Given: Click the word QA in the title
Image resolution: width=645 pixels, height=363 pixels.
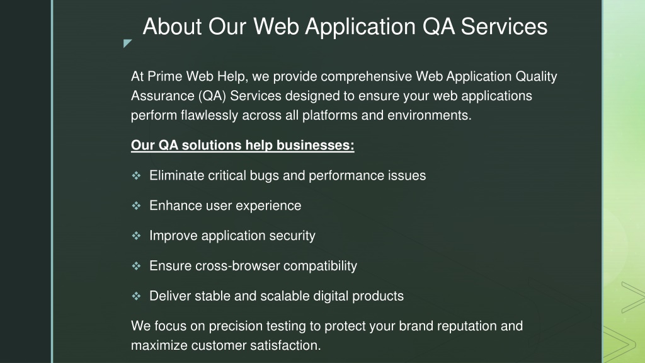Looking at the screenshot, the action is pyautogui.click(x=438, y=26).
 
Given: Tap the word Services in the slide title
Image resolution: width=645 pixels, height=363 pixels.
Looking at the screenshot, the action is pyautogui.click(x=504, y=26).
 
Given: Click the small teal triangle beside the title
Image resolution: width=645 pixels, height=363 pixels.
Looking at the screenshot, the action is pyautogui.click(x=127, y=43).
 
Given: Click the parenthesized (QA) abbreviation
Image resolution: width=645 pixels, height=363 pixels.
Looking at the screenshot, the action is pyautogui.click(x=212, y=96).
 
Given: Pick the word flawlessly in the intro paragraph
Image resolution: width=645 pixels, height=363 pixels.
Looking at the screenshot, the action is pyautogui.click(x=209, y=115).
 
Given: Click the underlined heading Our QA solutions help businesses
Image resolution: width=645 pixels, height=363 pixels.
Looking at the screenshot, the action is pyautogui.click(x=243, y=146).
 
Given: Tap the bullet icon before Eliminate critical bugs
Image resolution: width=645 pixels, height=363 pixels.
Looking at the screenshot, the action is pyautogui.click(x=136, y=176).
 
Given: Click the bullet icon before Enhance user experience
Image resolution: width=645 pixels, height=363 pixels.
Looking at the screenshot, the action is pyautogui.click(x=136, y=206).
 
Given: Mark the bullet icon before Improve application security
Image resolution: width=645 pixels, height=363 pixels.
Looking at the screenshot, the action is pyautogui.click(x=136, y=236).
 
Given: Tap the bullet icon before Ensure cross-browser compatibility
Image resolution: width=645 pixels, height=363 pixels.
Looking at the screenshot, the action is pyautogui.click(x=136, y=266).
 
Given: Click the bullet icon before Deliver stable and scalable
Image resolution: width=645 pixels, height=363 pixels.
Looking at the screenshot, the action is pyautogui.click(x=136, y=296).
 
